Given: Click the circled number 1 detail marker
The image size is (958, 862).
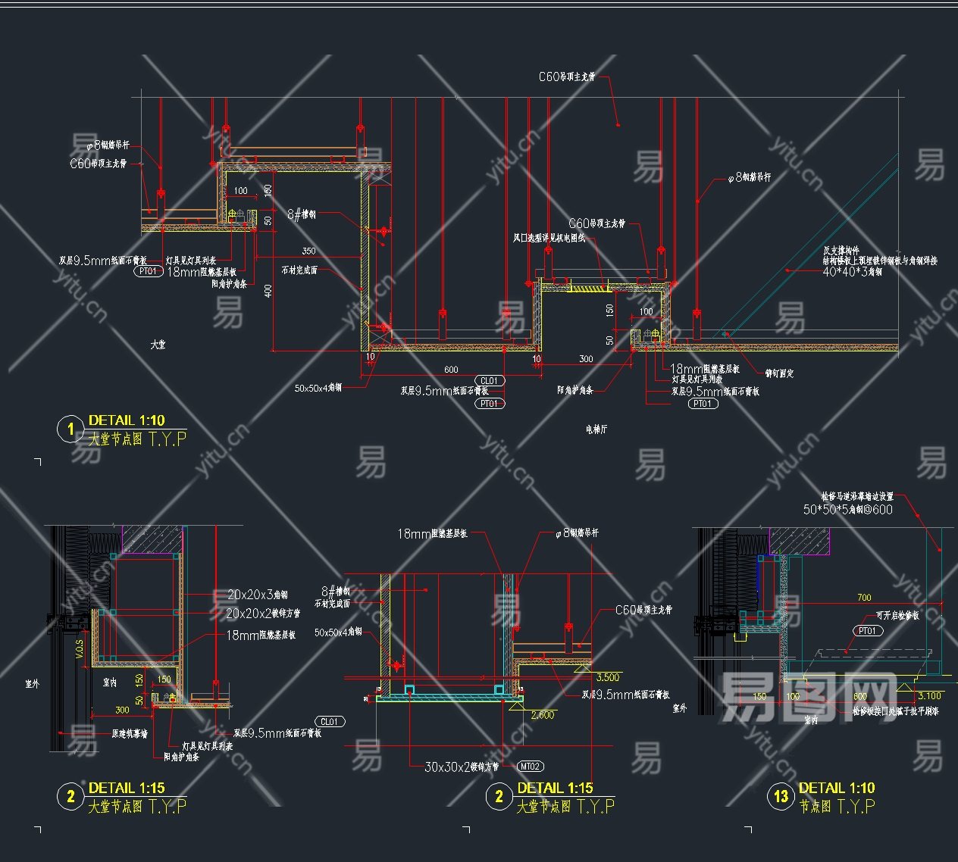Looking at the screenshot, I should click(x=70, y=429).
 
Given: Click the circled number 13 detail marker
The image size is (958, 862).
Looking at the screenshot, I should click(x=781, y=797).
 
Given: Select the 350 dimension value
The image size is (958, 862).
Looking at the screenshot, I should click(x=308, y=251).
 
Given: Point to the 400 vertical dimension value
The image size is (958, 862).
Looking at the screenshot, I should click(x=268, y=290).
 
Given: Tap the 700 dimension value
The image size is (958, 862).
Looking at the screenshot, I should click(x=864, y=598).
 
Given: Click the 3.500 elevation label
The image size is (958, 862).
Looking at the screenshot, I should click(x=608, y=677).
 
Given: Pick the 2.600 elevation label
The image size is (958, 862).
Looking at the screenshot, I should click(x=543, y=715).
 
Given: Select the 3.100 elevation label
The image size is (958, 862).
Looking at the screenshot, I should click(x=929, y=695).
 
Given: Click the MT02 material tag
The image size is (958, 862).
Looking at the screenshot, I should click(x=531, y=767).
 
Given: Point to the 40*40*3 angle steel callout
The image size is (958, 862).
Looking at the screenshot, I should click(x=852, y=271).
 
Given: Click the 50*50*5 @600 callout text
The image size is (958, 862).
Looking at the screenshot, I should click(x=848, y=510).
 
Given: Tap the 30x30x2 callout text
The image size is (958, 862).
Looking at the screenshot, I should click(x=461, y=767).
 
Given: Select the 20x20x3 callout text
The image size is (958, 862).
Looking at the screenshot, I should click(x=258, y=595).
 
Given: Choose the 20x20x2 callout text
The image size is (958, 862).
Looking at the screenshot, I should click(x=263, y=614).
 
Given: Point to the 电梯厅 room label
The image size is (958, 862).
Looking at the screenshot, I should click(x=596, y=429).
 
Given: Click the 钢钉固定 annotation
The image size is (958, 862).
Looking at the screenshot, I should click(x=779, y=373).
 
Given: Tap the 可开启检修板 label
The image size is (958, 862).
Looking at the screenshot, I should click(x=897, y=616).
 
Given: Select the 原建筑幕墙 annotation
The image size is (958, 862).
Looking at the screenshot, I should click(x=130, y=733).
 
